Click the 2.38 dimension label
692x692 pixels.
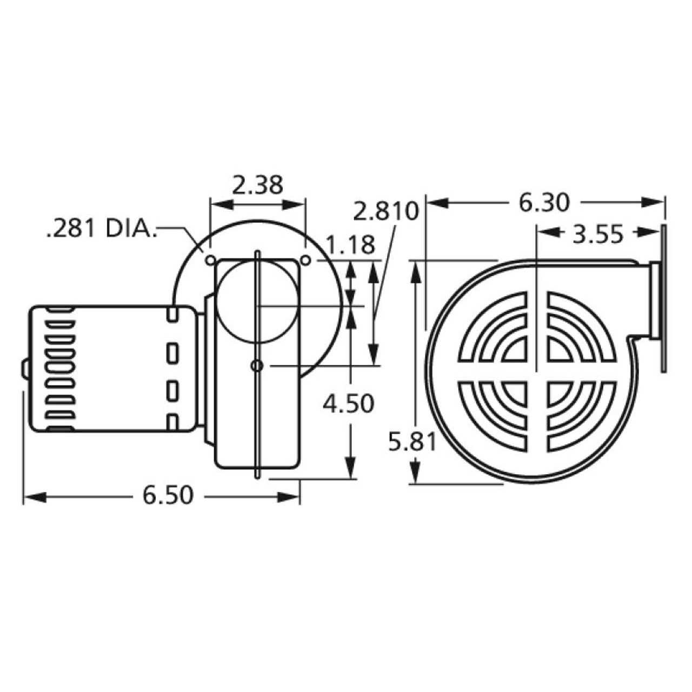click(x=258, y=185)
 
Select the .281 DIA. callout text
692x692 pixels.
click(x=101, y=229)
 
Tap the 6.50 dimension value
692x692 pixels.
click(x=168, y=495)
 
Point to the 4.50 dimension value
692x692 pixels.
click(x=348, y=403)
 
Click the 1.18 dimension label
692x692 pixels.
click(x=350, y=245)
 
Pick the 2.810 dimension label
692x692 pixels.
click(x=386, y=211)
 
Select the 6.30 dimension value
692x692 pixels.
click(x=544, y=203)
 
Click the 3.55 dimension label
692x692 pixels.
click(x=598, y=235)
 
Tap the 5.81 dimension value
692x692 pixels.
click(x=412, y=443)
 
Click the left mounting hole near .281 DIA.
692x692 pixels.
click(x=210, y=261)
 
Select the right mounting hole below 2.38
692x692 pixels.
click(x=305, y=261)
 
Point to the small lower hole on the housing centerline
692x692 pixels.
click(x=257, y=366)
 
